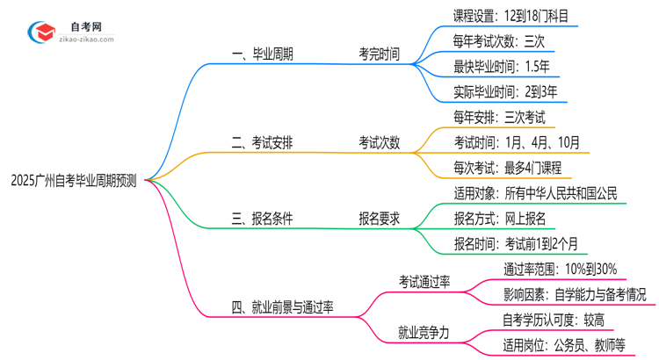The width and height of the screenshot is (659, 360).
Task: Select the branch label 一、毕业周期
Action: click(262, 54)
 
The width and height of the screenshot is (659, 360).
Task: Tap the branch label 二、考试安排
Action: click(262, 141)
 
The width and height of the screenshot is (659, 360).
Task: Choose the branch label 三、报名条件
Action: click(262, 220)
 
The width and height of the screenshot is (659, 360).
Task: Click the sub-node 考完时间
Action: click(378, 54)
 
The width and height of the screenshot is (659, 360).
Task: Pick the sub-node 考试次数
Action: click(378, 141)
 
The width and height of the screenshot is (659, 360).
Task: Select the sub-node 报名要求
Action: click(378, 220)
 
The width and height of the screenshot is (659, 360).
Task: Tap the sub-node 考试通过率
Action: click(424, 281)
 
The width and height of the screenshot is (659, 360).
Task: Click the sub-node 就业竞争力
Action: click(424, 333)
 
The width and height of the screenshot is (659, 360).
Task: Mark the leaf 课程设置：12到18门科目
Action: click(516, 16)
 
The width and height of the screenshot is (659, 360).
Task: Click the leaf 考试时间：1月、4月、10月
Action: click(517, 141)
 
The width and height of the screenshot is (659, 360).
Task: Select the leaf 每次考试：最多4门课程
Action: click(508, 167)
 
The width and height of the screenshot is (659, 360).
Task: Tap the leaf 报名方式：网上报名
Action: click(500, 218)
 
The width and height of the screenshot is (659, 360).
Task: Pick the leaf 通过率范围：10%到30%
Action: click(560, 269)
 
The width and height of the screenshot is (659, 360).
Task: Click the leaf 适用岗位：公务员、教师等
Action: click(563, 345)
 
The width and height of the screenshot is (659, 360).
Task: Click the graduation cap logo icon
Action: click(40, 32)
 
